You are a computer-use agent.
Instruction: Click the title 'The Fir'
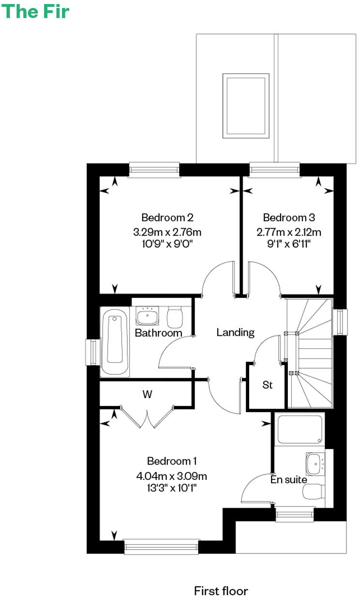tap(36, 11)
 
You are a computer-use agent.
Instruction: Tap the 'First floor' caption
tap(221, 591)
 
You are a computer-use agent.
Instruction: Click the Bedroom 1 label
tap(172, 461)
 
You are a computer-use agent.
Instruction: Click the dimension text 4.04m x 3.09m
tap(172, 476)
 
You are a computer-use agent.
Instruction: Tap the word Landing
tap(235, 332)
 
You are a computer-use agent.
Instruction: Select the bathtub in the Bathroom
tap(115, 339)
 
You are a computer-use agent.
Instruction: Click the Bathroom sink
tap(147, 316)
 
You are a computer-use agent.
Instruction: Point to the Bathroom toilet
tap(174, 317)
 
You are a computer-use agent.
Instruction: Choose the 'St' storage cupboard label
tap(268, 385)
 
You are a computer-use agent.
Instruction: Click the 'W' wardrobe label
tap(147, 394)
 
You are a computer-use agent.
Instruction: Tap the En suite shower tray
tap(299, 429)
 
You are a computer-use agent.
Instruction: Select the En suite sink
tap(314, 464)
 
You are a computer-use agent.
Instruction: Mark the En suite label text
tap(288, 480)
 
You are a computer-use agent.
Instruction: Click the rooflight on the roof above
tap(245, 105)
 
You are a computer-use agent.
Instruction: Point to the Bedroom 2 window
tap(154, 169)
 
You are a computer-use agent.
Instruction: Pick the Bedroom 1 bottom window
tap(161, 547)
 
